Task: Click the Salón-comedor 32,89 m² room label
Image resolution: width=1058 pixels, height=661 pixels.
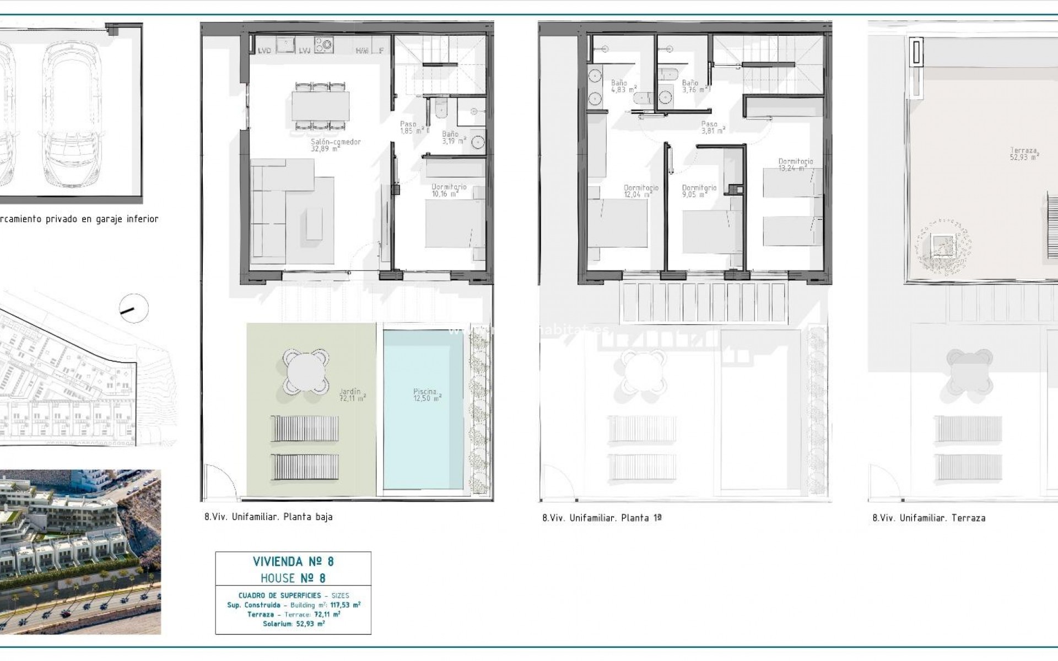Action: (x=336, y=145)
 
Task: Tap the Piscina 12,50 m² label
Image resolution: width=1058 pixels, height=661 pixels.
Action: (x=427, y=395)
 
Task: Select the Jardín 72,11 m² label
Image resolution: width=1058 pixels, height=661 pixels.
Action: (x=353, y=395)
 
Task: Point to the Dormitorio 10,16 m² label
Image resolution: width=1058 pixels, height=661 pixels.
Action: (x=449, y=190)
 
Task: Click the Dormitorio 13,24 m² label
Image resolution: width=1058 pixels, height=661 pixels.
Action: (x=795, y=165)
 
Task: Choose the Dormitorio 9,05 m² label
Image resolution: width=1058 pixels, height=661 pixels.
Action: (x=699, y=191)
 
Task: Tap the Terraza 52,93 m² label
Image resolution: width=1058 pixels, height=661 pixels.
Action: (x=1024, y=153)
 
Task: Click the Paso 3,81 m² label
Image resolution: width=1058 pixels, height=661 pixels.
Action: (x=712, y=127)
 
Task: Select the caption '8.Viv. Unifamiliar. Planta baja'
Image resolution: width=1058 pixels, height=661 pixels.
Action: (x=268, y=517)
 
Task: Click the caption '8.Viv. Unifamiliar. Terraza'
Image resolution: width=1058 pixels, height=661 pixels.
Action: (x=929, y=518)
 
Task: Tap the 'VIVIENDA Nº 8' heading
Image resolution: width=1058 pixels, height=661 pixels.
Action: (x=293, y=562)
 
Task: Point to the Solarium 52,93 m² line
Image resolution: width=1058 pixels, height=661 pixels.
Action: (x=293, y=624)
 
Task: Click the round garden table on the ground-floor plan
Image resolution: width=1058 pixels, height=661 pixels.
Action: (x=306, y=370)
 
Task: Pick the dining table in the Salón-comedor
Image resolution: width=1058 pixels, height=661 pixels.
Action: (x=321, y=106)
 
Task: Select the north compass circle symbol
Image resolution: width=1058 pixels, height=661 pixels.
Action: (x=134, y=308)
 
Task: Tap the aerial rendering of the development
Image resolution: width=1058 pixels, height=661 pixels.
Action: (x=80, y=552)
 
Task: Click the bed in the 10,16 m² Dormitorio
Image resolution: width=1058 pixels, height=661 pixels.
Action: (x=455, y=231)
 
